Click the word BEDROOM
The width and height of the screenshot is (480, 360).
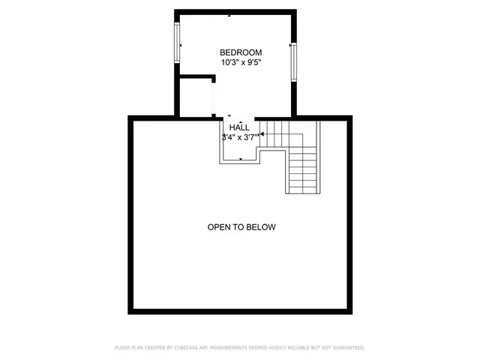click(x=240, y=52)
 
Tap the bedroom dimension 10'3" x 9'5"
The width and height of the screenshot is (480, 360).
click(x=240, y=63)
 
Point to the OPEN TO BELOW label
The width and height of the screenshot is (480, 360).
click(x=241, y=227)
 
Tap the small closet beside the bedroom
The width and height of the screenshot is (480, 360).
click(x=197, y=96)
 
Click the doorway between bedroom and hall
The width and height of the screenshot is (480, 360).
click(x=238, y=116)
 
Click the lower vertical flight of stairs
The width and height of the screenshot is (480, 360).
click(x=303, y=171)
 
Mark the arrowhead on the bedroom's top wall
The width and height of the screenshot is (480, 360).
click(x=230, y=14)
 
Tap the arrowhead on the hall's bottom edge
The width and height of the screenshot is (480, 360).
click(x=240, y=160)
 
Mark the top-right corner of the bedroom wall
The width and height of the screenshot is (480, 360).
click(x=297, y=11)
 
